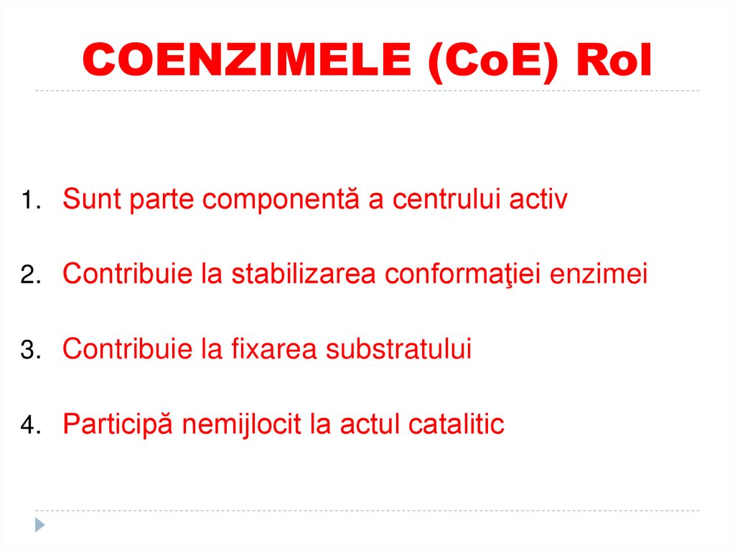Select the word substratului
[x=398, y=349]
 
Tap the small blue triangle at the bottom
[x=40, y=525]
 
